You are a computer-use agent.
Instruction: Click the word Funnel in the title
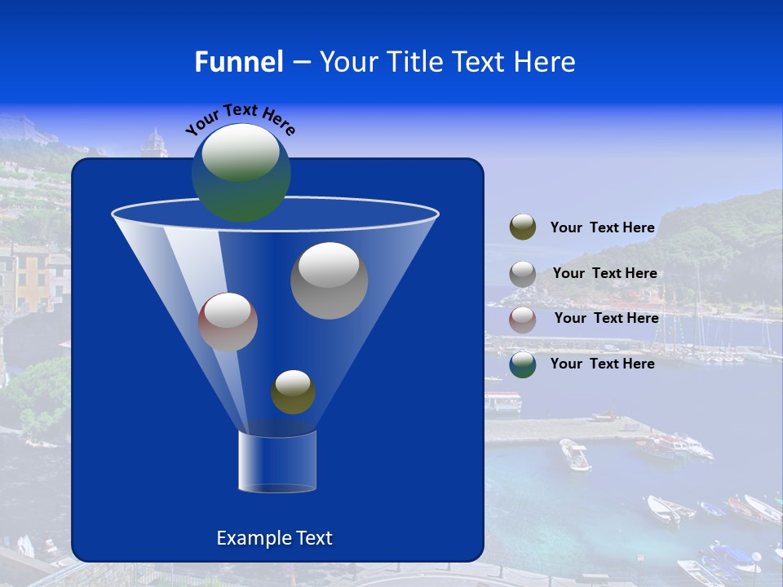click(238, 62)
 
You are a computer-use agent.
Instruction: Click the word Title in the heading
click(414, 62)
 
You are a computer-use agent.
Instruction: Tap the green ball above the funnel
click(241, 173)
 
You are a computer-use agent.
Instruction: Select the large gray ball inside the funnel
click(330, 280)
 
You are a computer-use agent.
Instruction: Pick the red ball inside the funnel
click(228, 322)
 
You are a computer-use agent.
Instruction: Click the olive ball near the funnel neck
click(293, 392)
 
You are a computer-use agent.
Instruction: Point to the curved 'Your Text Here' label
click(240, 118)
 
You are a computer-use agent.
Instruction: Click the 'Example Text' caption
click(274, 538)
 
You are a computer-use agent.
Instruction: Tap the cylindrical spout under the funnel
click(276, 461)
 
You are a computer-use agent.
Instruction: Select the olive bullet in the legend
click(523, 227)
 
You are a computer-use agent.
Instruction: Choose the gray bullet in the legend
click(523, 274)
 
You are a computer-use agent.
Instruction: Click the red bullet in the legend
click(523, 319)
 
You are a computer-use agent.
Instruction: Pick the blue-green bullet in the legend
click(523, 364)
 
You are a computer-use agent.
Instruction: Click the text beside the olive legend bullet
click(602, 228)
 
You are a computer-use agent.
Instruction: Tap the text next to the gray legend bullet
click(604, 274)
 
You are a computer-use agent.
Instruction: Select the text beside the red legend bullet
click(606, 319)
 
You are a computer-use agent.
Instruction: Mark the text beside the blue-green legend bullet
click(602, 364)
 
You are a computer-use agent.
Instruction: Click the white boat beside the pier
click(575, 455)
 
